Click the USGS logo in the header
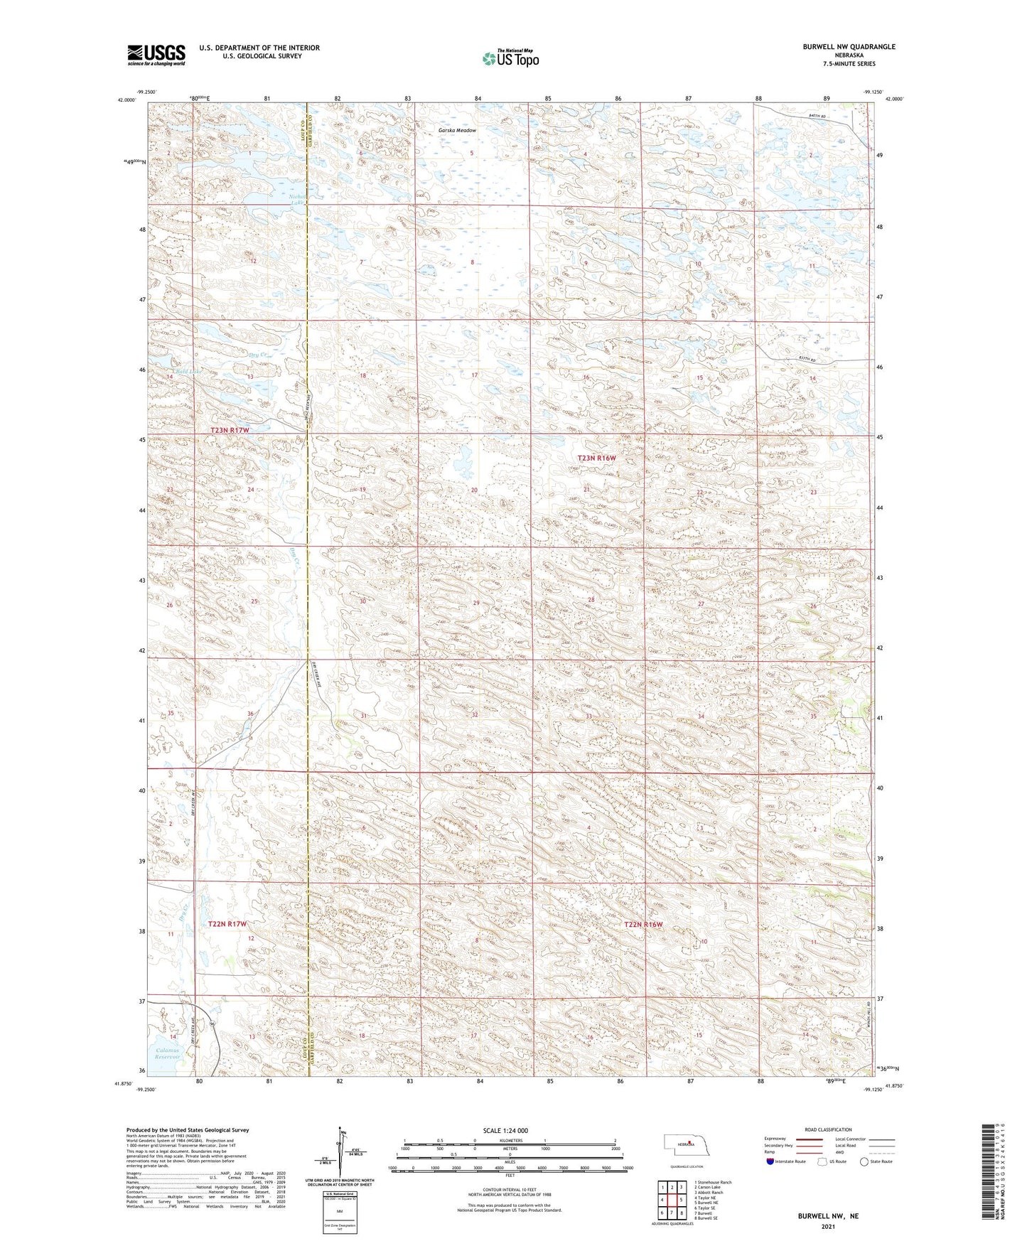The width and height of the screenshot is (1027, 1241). [x=156, y=55]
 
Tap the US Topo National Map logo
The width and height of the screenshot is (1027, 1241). [x=510, y=58]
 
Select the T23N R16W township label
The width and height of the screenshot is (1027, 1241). [x=596, y=458]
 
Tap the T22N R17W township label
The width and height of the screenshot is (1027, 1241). [x=227, y=924]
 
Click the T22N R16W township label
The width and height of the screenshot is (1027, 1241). [x=643, y=924]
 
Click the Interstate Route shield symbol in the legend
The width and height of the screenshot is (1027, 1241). [x=770, y=1161]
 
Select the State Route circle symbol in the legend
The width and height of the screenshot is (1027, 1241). [x=864, y=1161]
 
